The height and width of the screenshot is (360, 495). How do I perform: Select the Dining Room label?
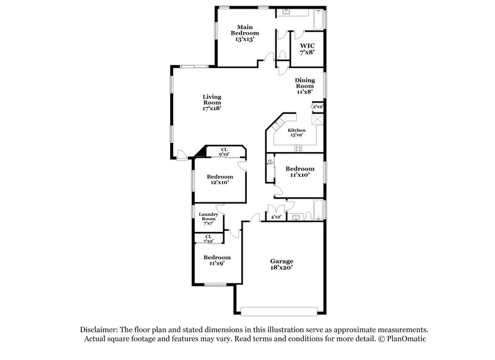pyautogui.click(x=305, y=85)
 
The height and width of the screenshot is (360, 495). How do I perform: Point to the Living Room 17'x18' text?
pyautogui.click(x=212, y=102)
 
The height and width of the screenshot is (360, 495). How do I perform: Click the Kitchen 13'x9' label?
pyautogui.click(x=296, y=133)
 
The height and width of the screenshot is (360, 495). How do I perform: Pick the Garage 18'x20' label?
pyautogui.click(x=282, y=265)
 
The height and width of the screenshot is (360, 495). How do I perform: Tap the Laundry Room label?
pyautogui.click(x=207, y=220)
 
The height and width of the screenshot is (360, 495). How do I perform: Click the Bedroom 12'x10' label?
pyautogui.click(x=220, y=179)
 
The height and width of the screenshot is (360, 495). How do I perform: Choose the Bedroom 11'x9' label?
pyautogui.click(x=217, y=260)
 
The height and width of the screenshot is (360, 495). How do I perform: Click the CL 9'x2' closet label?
pyautogui.click(x=225, y=151)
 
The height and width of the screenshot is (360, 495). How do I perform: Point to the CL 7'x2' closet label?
pyautogui.click(x=209, y=238)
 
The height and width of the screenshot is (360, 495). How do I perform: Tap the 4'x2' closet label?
pyautogui.click(x=276, y=217)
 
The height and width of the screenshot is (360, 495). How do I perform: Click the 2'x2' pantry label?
pyautogui.click(x=317, y=107)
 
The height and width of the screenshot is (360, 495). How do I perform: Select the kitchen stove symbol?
pyautogui.click(x=298, y=147)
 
